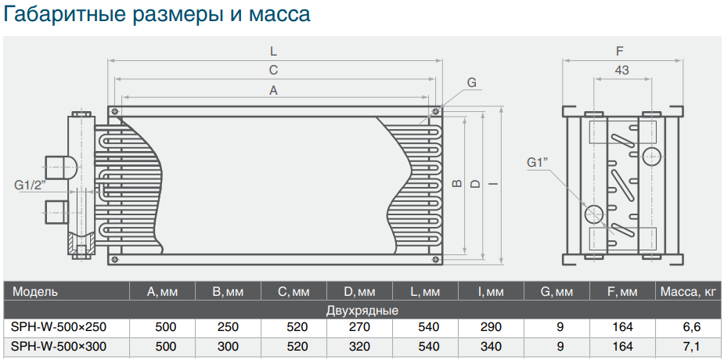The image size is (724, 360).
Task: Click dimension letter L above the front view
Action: [x=274, y=51]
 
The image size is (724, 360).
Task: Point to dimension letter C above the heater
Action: [x=274, y=70]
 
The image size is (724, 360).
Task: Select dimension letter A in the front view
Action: [x=274, y=91]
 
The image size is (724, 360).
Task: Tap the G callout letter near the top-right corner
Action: [x=471, y=83]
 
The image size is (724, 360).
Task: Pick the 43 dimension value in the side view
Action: [x=622, y=70]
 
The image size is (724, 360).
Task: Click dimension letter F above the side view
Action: [x=620, y=51]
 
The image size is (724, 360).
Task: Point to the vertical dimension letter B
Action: [x=457, y=184]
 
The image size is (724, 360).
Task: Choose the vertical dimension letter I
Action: [x=495, y=184]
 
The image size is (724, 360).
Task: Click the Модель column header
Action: [x=35, y=292]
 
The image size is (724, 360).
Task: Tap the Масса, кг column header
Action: [x=689, y=292]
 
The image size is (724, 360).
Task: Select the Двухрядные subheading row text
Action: [x=362, y=310]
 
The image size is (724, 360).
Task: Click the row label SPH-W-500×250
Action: [x=59, y=327]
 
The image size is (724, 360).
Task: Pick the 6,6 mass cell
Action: [x=692, y=327]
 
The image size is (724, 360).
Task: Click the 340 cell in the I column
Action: [x=491, y=346]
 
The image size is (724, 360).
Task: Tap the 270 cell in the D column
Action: [x=360, y=327]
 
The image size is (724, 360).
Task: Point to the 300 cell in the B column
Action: [x=228, y=346]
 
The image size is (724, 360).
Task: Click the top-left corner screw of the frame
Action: [x=114, y=112]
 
